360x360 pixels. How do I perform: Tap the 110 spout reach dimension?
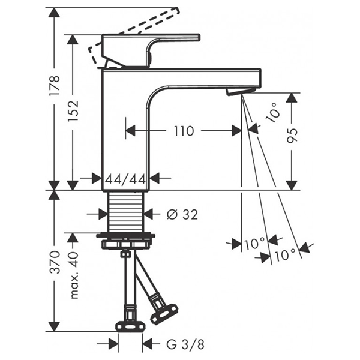pos(183,130)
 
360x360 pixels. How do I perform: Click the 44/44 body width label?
pos(125,178)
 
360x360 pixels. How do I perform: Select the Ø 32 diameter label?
pos(181,214)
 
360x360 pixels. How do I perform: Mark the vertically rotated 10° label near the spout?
pos(274,112)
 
